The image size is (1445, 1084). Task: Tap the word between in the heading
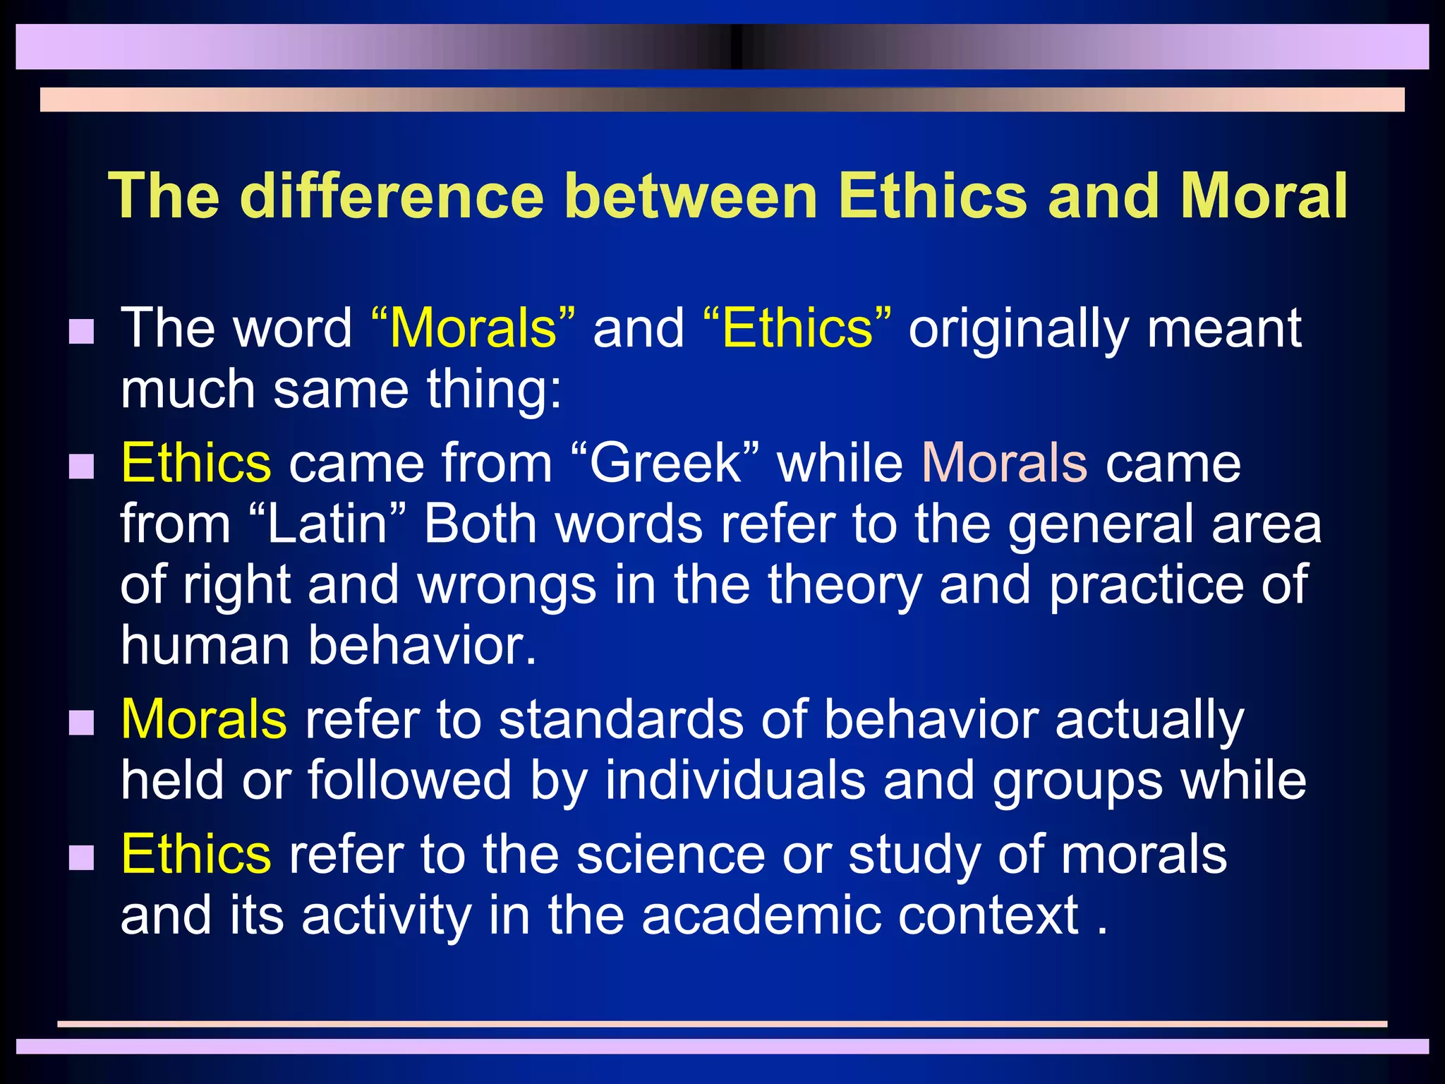[x=691, y=196]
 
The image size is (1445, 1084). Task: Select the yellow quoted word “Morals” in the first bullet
[x=472, y=328]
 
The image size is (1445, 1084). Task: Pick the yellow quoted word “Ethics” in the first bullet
[x=797, y=328]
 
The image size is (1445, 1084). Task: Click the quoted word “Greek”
[x=665, y=464]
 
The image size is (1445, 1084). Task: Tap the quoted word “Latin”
[x=328, y=524]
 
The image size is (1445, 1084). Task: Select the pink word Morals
[x=1004, y=464]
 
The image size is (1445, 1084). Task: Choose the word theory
[x=845, y=586]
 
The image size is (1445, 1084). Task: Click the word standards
[x=621, y=720]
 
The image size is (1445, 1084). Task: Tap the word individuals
[x=735, y=781]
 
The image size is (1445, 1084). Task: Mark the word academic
[x=761, y=915]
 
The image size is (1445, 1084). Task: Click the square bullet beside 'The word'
[x=82, y=331]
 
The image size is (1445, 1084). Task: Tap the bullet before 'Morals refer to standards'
[x=82, y=723]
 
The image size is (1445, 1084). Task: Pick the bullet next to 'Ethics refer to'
[x=82, y=857]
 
